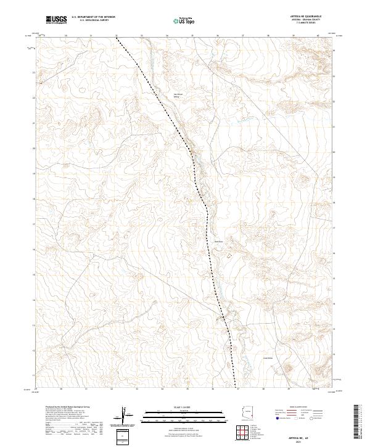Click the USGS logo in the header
56,20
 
